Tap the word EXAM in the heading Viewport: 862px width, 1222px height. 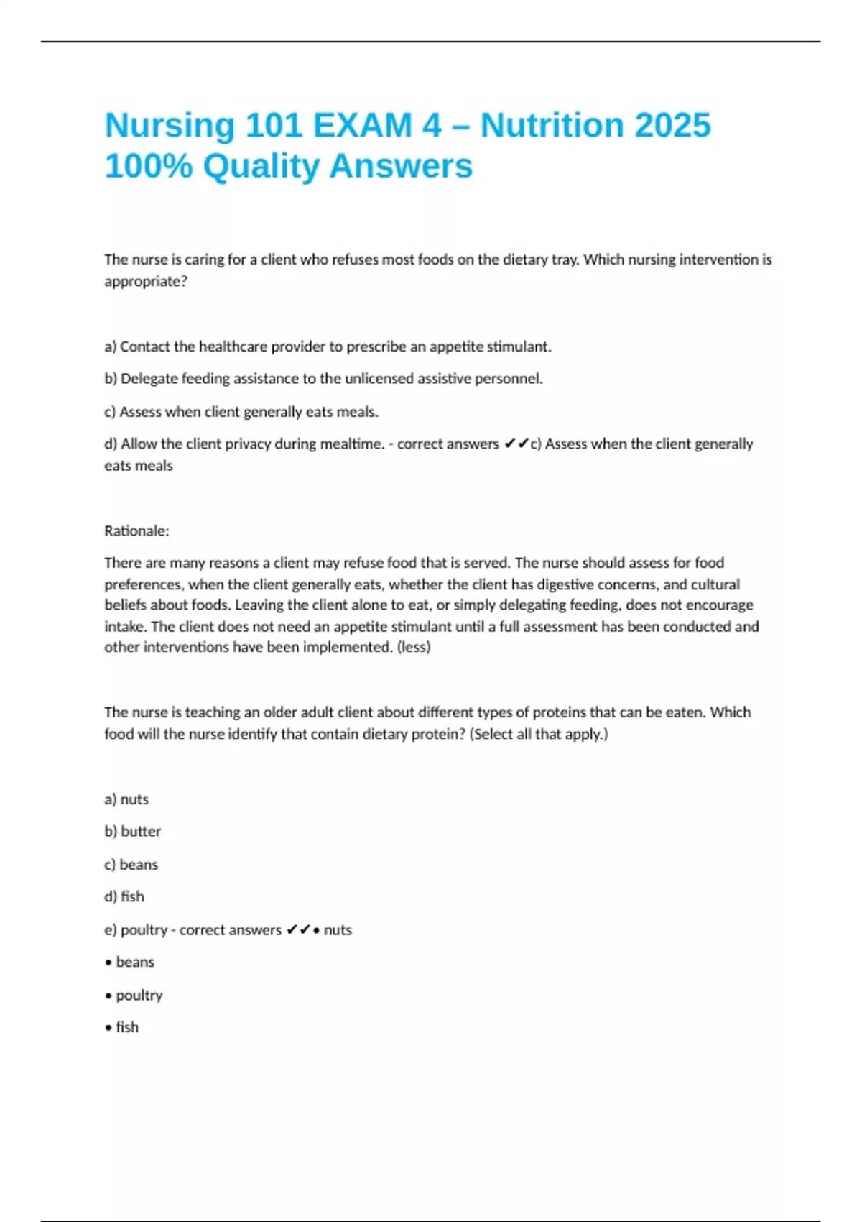(x=363, y=125)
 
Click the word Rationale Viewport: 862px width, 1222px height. (x=136, y=531)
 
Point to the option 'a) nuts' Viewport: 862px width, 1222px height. (x=126, y=799)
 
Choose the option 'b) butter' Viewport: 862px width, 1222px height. (x=133, y=832)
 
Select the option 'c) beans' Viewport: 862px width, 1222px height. (x=131, y=865)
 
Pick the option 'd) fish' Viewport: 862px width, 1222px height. (x=124, y=897)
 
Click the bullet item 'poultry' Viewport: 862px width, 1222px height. (x=139, y=996)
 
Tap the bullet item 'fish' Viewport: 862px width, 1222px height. (x=127, y=1028)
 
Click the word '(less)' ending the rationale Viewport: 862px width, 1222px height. (x=414, y=647)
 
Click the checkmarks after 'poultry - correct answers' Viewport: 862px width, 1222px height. (x=298, y=930)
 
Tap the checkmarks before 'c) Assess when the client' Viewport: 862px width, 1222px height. (x=516, y=444)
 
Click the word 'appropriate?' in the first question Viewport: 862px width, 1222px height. (x=146, y=282)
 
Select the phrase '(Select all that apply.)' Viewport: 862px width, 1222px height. (x=539, y=735)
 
